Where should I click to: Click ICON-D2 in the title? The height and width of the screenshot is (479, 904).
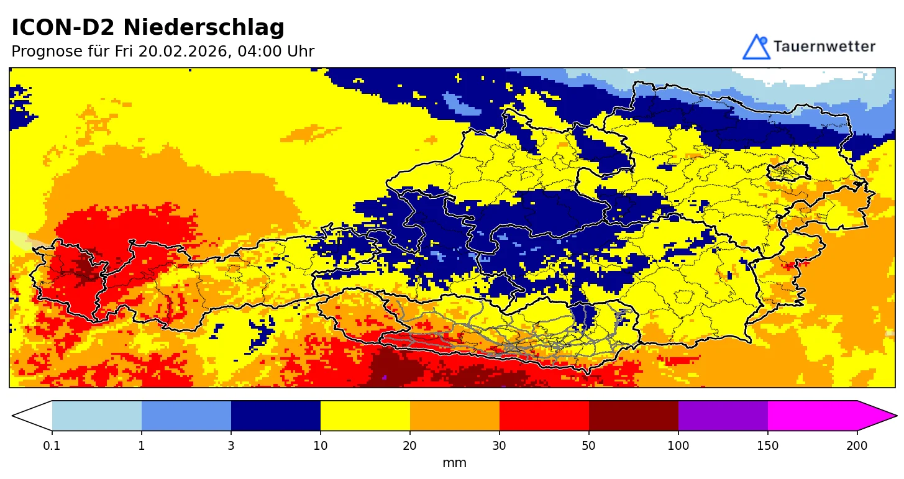[65, 28]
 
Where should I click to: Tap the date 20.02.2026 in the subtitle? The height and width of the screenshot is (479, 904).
[183, 52]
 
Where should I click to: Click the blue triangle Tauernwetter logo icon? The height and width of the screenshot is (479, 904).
[756, 47]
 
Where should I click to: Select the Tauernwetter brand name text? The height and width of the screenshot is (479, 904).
[824, 47]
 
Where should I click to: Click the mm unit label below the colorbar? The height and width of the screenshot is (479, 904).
[454, 463]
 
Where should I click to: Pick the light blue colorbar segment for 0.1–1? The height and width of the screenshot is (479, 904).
[97, 416]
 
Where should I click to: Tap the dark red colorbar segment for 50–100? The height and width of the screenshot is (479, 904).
[634, 416]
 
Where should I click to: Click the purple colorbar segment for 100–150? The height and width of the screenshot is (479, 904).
[723, 416]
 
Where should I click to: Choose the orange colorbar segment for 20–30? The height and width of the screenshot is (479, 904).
[455, 416]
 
